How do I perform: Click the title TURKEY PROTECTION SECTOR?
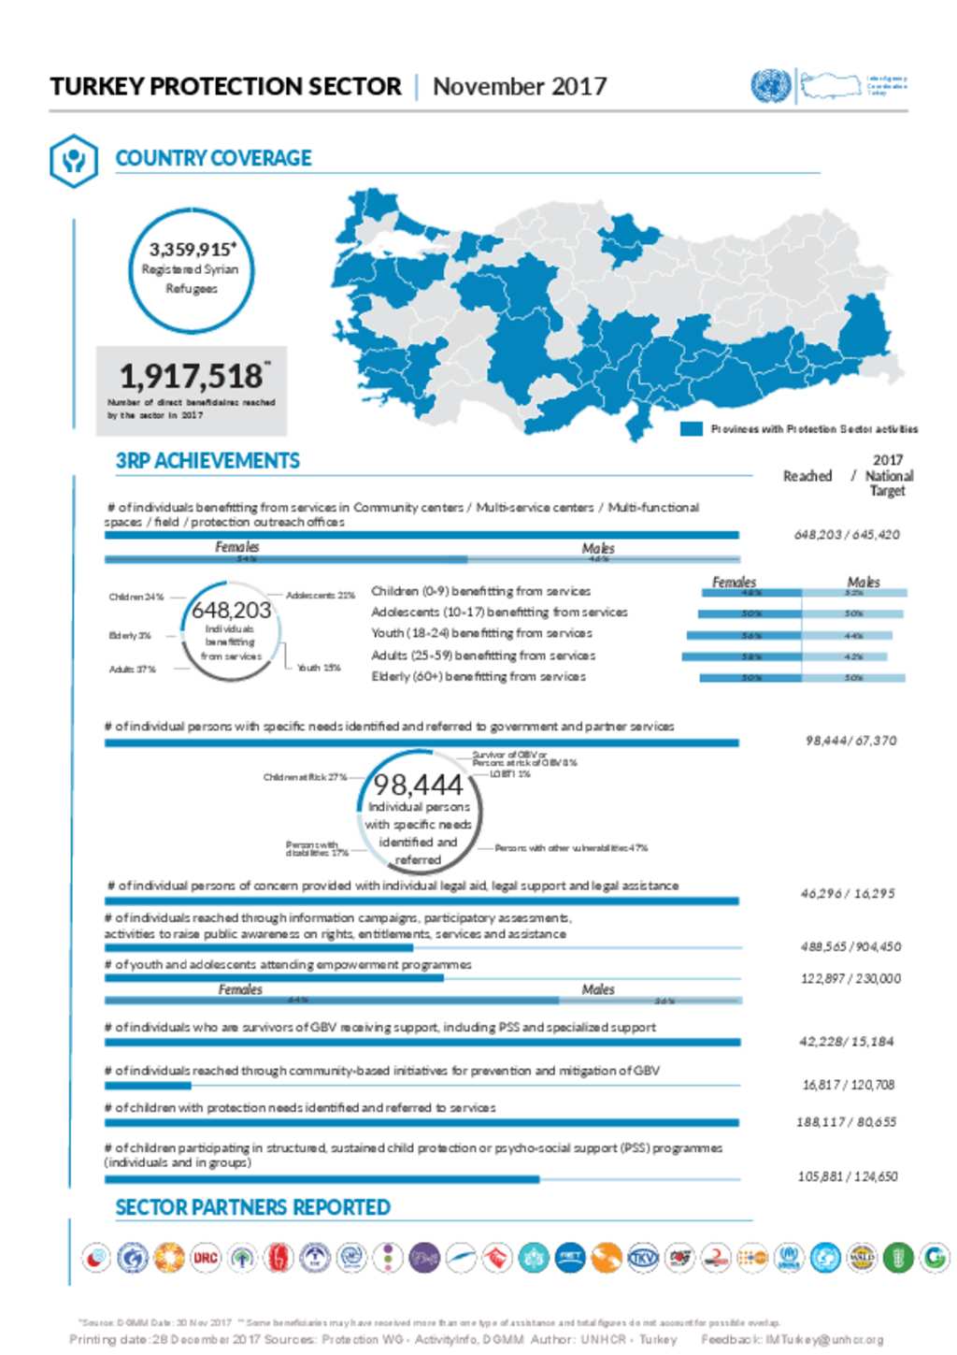click(x=225, y=87)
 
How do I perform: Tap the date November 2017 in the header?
click(x=519, y=87)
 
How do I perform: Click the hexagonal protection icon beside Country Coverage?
click(x=73, y=160)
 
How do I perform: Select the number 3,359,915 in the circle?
click(x=191, y=250)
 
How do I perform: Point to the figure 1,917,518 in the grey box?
click(x=191, y=376)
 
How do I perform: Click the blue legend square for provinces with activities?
click(x=691, y=429)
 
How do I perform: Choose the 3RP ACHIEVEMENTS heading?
click(x=207, y=461)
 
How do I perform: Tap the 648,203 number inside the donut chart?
click(x=231, y=610)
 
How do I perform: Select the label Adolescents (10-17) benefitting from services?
click(x=499, y=613)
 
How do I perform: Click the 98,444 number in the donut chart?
click(x=418, y=784)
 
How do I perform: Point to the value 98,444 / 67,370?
click(x=850, y=741)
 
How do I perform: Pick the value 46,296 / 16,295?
click(x=847, y=894)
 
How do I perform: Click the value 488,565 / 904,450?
click(x=850, y=946)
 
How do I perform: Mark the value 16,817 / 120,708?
click(x=848, y=1085)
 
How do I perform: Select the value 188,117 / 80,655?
click(x=846, y=1122)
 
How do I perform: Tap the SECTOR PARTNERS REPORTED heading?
click(x=252, y=1207)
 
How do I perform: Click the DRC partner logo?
click(x=206, y=1258)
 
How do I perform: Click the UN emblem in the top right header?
click(x=770, y=86)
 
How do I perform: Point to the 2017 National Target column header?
click(x=888, y=475)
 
